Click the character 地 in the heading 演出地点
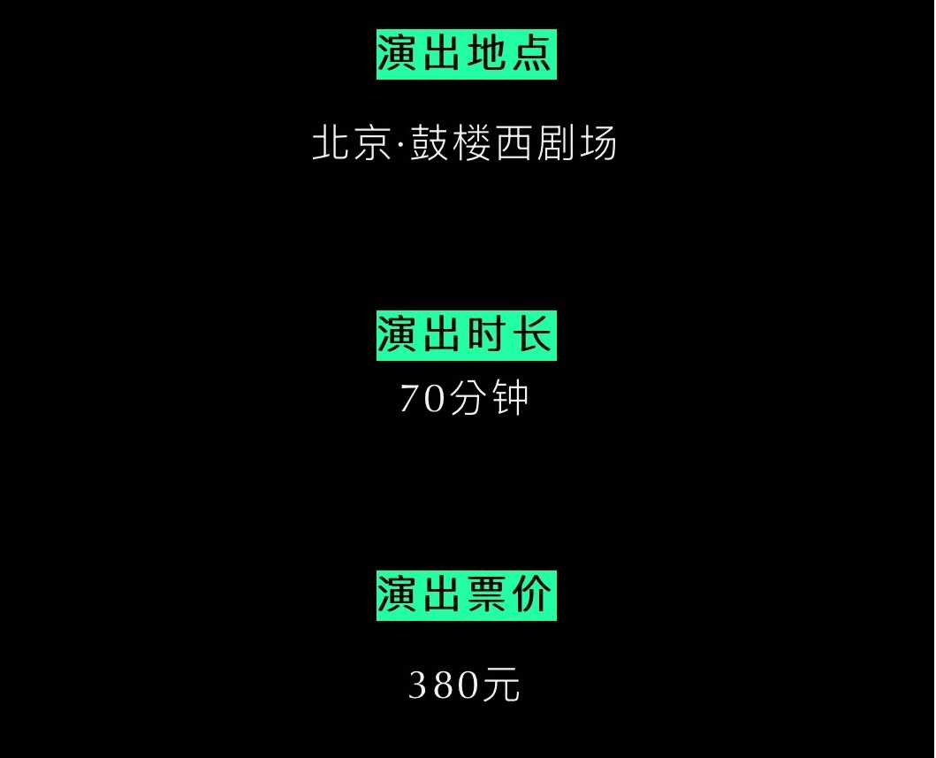487,55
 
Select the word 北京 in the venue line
350,143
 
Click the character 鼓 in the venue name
430,143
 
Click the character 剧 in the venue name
555,143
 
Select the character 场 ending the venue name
597,143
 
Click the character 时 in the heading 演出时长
487,336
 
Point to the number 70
424,399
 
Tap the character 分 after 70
468,399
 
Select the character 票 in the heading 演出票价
487,594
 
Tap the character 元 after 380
501,685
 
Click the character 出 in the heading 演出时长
444,336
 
